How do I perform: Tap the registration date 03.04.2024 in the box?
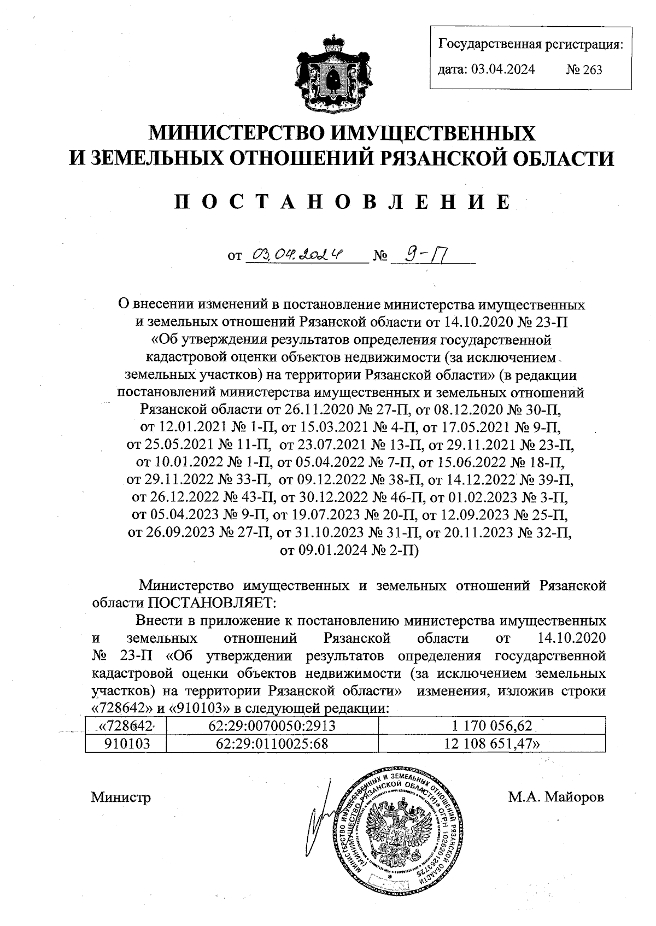point(503,69)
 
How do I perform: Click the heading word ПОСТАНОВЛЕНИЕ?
point(343,202)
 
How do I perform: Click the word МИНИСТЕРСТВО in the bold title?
point(241,133)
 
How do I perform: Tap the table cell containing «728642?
point(125,726)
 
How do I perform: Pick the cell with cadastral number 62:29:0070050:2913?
point(272,726)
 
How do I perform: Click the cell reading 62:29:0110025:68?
point(272,743)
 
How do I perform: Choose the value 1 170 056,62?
point(491,726)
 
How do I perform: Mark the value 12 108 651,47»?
point(491,743)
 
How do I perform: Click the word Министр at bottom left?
point(121,797)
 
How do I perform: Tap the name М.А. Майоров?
point(556,797)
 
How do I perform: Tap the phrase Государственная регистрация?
point(531,44)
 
